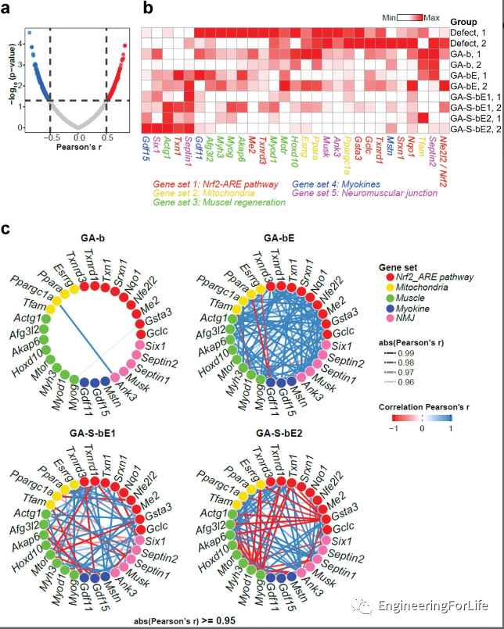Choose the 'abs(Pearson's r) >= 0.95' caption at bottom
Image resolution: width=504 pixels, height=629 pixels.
coord(182,619)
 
